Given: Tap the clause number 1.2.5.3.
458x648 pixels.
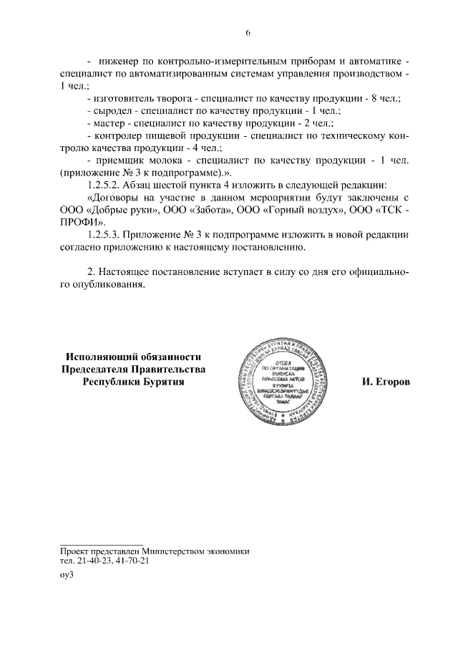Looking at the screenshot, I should coord(104,235).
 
